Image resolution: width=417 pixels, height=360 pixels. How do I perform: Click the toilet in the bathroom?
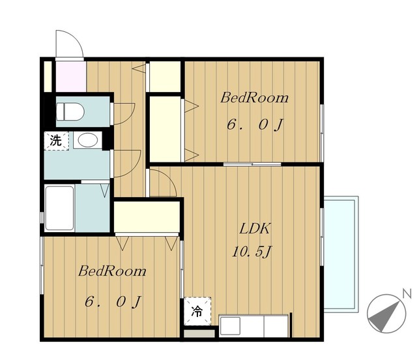70,112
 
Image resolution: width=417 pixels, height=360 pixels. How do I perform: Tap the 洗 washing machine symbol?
57,140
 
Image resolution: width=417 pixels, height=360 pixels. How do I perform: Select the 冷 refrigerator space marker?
197,311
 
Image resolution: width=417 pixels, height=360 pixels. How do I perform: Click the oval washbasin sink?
87,140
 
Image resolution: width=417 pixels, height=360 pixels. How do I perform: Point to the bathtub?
59,208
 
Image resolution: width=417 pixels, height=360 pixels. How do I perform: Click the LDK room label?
255,229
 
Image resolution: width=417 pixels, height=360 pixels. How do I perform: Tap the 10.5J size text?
252,252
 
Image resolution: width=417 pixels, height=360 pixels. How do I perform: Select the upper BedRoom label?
254,98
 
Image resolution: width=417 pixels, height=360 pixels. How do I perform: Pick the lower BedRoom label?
112,271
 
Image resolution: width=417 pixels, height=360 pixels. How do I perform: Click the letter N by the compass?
407,293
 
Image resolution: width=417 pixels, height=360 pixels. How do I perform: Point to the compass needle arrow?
385,316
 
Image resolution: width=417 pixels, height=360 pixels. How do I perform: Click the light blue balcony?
341,252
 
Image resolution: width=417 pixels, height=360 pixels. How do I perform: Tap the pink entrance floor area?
71,76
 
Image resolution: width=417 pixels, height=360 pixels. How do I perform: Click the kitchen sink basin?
230,325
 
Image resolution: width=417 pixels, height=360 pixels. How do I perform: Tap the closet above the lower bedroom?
147,217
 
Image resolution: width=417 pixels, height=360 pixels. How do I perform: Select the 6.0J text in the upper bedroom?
255,125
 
